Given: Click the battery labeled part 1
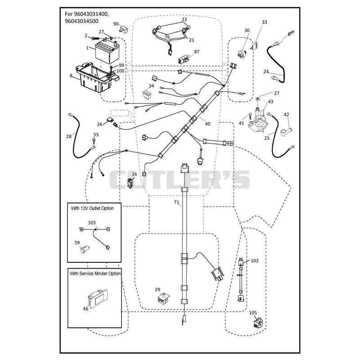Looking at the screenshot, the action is [107, 52].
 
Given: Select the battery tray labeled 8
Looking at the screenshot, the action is [96, 77].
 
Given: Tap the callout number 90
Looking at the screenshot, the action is [116, 24].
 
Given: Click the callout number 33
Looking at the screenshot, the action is [265, 22].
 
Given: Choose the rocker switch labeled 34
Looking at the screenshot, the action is [148, 94].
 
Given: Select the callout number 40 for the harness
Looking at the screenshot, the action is [207, 124].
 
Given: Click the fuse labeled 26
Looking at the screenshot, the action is [109, 120].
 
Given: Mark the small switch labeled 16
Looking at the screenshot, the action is [130, 183].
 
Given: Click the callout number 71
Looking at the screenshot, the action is [176, 202].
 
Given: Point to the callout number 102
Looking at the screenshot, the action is [255, 261].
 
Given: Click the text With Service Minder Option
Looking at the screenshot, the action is [95, 274].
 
